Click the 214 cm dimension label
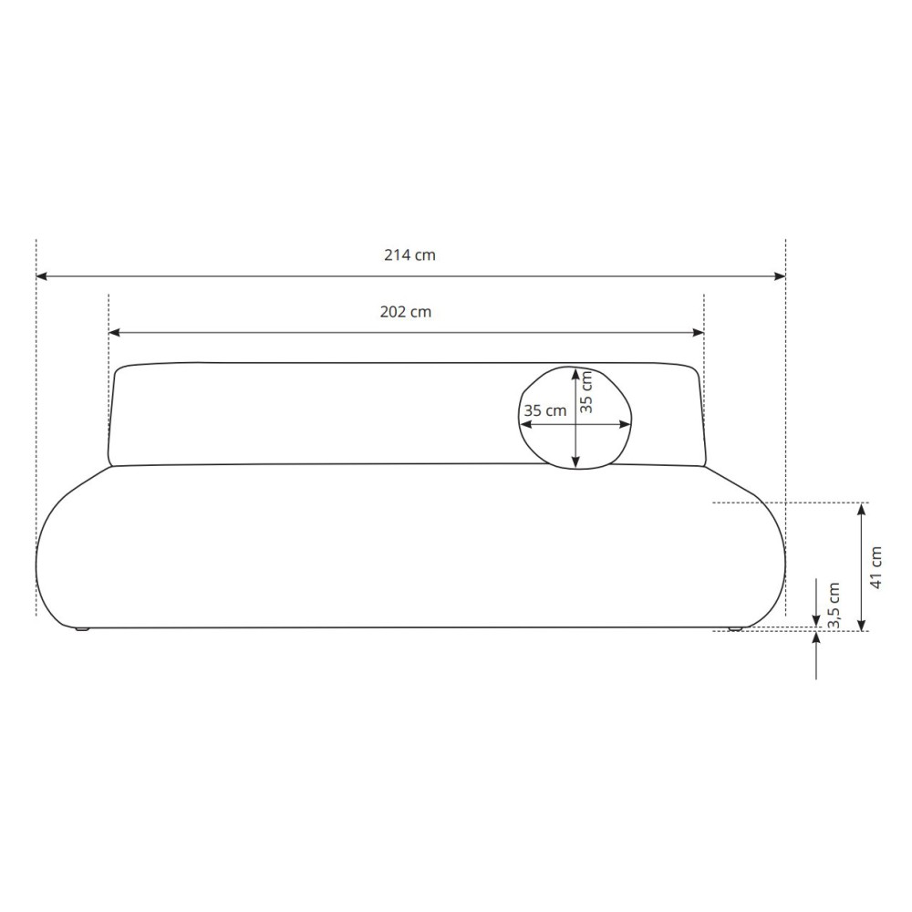pyautogui.click(x=409, y=255)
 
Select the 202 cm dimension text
pyautogui.click(x=406, y=312)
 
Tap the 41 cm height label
pyautogui.click(x=876, y=567)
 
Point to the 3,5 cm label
pyautogui.click(x=834, y=606)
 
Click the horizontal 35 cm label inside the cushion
pyautogui.click(x=545, y=410)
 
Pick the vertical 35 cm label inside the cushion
pyautogui.click(x=586, y=392)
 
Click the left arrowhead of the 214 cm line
pyautogui.click(x=41, y=276)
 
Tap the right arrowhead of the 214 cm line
pyautogui.click(x=780, y=276)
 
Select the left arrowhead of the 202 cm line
pyautogui.click(x=114, y=333)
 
